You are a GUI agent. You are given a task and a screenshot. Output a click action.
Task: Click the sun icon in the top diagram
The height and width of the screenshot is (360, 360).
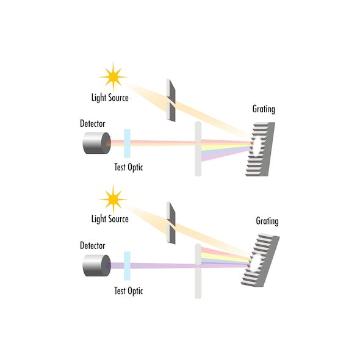point(113,77)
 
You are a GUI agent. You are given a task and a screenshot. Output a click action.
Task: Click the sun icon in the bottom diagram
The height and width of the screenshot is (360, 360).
point(113,200)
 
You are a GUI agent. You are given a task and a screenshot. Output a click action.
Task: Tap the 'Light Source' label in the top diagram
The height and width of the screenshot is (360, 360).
point(110,98)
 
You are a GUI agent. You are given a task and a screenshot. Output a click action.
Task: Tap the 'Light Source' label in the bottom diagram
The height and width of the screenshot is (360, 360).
point(110,219)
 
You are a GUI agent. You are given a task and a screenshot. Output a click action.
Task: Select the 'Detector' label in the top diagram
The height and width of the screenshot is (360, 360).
point(92,123)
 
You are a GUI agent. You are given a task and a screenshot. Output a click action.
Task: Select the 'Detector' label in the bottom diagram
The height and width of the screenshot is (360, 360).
point(92,245)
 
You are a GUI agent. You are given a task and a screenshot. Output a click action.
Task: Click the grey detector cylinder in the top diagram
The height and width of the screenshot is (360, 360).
point(96,143)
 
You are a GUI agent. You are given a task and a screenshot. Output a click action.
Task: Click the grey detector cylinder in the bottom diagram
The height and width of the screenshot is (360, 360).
point(96,265)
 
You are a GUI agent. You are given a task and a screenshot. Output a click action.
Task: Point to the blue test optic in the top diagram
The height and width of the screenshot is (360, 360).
point(127,143)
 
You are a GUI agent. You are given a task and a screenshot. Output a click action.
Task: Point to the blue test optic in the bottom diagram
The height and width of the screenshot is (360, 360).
point(127,266)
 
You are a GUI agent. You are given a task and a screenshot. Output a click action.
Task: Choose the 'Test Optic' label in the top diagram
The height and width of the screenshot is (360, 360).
point(129,167)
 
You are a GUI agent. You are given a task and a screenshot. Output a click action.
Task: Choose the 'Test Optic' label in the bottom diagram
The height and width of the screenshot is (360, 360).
point(129,291)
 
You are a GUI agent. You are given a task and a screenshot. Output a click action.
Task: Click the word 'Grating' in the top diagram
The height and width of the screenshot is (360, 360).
point(264,109)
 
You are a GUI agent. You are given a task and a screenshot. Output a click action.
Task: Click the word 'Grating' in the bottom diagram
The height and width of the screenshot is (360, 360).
point(267,221)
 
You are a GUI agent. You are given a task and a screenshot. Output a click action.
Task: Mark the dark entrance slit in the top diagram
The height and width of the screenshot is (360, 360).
point(171,101)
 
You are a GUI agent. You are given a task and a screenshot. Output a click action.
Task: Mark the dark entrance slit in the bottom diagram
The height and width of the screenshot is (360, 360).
point(171,223)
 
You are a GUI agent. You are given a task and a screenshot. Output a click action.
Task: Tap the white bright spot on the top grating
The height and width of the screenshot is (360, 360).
point(257,146)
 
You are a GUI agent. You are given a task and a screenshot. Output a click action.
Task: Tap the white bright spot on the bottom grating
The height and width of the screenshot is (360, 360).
point(255,262)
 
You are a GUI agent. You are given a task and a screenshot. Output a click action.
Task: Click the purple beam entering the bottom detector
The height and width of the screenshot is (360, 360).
point(154,265)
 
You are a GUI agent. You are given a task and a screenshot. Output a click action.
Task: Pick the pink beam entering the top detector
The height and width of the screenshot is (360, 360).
point(154,142)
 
